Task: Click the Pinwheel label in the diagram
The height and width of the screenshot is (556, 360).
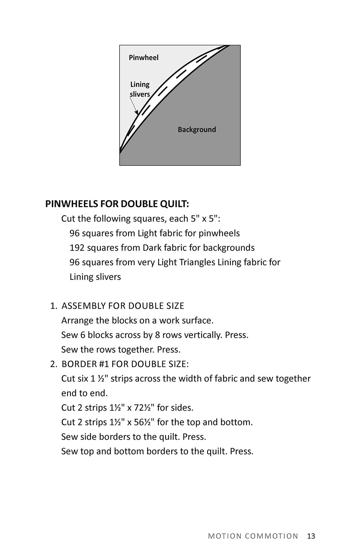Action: click(x=144, y=58)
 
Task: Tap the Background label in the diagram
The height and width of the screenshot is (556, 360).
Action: click(x=197, y=130)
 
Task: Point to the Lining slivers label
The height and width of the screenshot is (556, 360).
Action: click(x=140, y=89)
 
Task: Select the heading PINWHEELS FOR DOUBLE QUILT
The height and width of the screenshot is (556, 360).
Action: click(x=117, y=204)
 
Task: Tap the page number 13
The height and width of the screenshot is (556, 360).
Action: click(x=311, y=536)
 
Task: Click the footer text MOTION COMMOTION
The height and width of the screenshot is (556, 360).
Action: click(x=253, y=536)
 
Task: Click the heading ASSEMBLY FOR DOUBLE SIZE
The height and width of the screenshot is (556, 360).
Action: click(x=123, y=306)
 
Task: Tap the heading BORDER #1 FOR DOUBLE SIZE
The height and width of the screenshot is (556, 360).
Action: click(x=125, y=364)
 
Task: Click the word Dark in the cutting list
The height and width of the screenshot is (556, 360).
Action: click(x=152, y=248)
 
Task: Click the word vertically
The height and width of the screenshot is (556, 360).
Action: click(x=203, y=335)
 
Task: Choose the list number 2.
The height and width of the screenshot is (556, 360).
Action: click(x=53, y=364)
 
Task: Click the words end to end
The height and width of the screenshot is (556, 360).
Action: click(x=84, y=393)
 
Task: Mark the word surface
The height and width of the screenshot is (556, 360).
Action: click(x=198, y=320)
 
